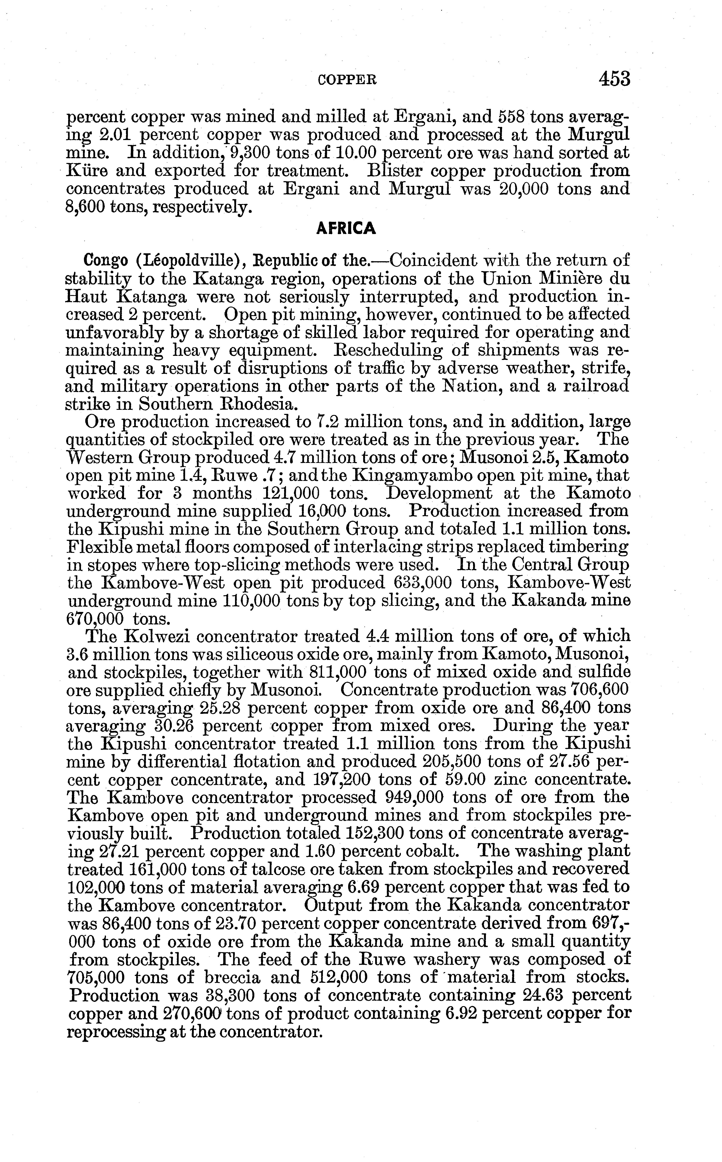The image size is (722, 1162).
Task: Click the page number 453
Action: pyautogui.click(x=615, y=79)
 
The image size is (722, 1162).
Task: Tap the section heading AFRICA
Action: pyautogui.click(x=346, y=229)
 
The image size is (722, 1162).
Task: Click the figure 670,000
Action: pyautogui.click(x=94, y=619)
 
